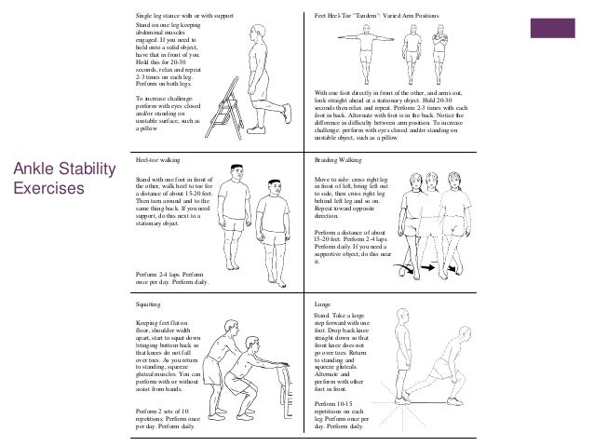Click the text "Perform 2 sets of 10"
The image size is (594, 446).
[x=162, y=412]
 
